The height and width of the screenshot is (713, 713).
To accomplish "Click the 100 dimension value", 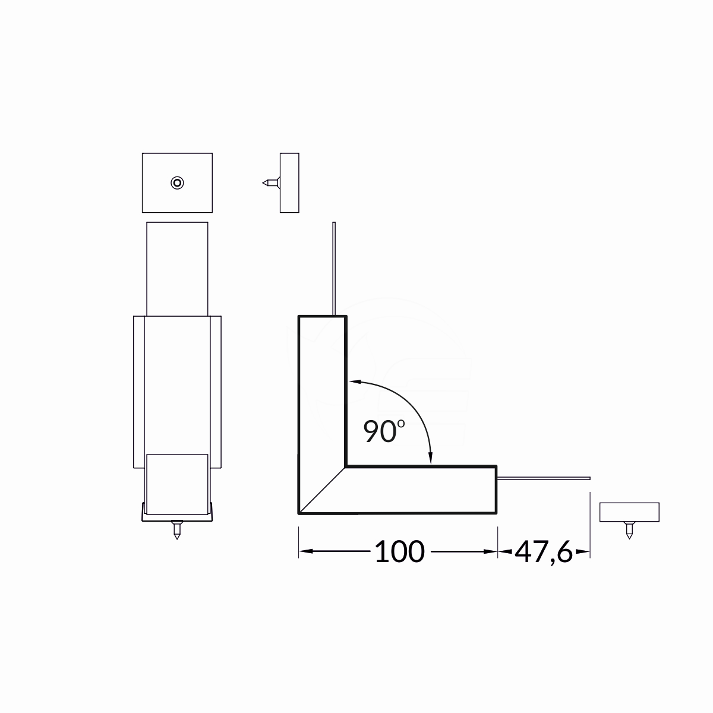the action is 400,551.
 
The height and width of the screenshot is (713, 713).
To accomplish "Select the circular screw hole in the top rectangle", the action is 177,183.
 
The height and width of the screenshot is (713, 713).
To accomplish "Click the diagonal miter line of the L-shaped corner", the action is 322,491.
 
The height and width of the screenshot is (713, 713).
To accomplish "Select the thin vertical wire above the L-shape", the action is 334,269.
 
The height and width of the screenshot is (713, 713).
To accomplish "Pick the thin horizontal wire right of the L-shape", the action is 543,478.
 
